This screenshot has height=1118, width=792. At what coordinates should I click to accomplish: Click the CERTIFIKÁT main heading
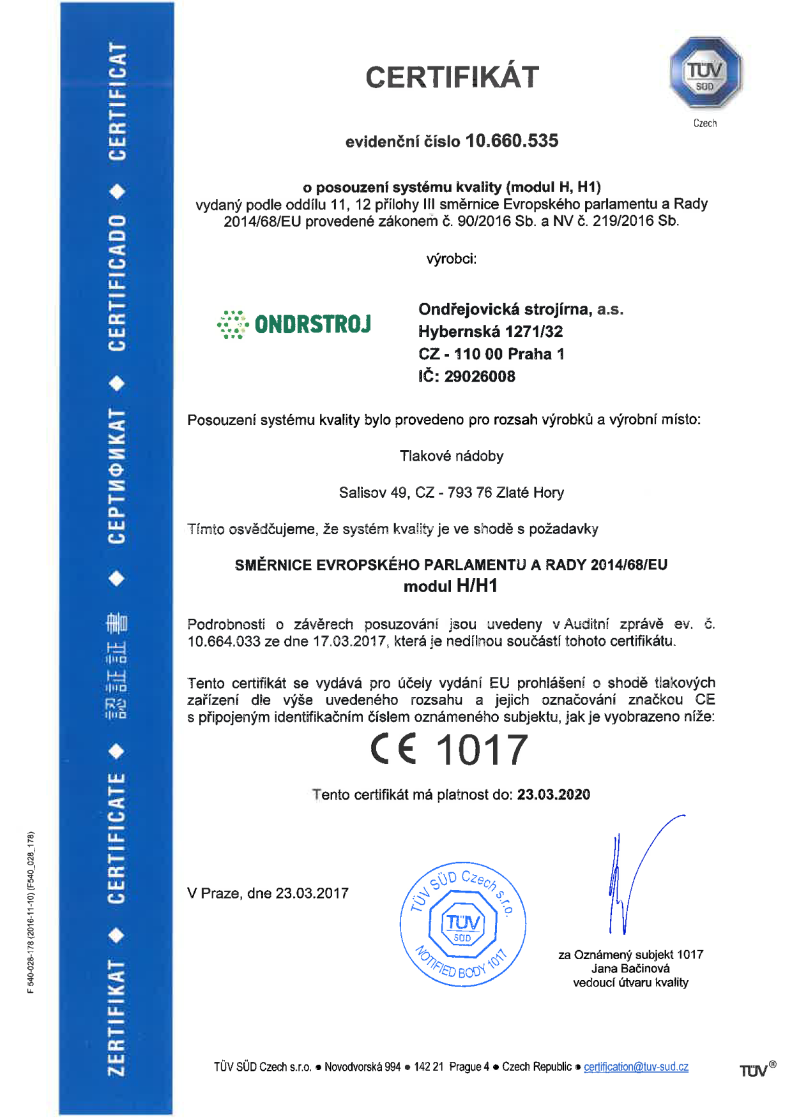click(x=452, y=77)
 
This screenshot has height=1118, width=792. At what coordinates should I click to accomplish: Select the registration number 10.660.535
click(x=512, y=141)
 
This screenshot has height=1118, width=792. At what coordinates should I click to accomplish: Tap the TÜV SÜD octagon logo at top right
click(x=705, y=72)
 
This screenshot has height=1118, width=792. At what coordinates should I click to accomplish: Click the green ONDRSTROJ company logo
click(x=294, y=324)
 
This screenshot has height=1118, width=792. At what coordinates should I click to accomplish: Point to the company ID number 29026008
click(x=480, y=376)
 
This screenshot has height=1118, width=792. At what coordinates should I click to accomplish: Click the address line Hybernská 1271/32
click(x=491, y=332)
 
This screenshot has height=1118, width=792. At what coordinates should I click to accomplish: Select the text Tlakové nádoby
click(x=452, y=456)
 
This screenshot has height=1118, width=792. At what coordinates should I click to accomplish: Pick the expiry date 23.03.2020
click(x=553, y=794)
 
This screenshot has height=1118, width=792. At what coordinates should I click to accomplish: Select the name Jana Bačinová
click(x=630, y=969)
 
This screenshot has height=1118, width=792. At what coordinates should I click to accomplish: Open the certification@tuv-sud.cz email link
click(x=636, y=1067)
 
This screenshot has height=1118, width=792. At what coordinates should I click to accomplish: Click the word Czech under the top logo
click(x=705, y=123)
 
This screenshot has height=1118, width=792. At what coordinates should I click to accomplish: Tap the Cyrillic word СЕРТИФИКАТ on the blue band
click(x=117, y=475)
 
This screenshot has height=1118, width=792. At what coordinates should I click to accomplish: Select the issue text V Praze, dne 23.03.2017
click(x=268, y=893)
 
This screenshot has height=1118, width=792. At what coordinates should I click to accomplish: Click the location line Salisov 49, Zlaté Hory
click(x=451, y=493)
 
